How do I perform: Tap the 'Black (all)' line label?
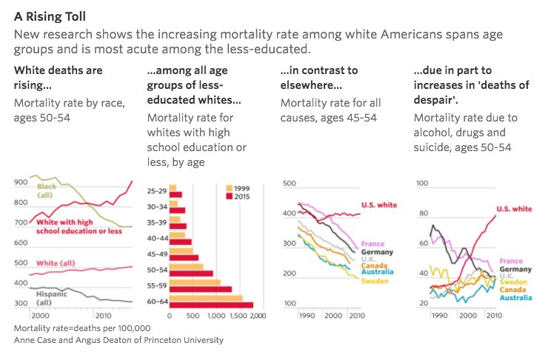pyautogui.click(x=47, y=191)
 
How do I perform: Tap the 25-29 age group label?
pyautogui.click(x=157, y=190)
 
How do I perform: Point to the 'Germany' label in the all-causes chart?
pyautogui.click(x=377, y=252)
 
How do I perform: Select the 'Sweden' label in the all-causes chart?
pyautogui.click(x=375, y=281)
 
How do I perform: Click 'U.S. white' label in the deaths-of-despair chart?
pyautogui.click(x=514, y=210)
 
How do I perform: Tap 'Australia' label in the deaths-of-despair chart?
pyautogui.click(x=516, y=297)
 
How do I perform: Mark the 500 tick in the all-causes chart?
pyautogui.click(x=290, y=182)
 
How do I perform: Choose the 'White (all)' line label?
pyautogui.click(x=55, y=263)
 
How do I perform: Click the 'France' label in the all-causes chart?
pyautogui.click(x=373, y=243)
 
